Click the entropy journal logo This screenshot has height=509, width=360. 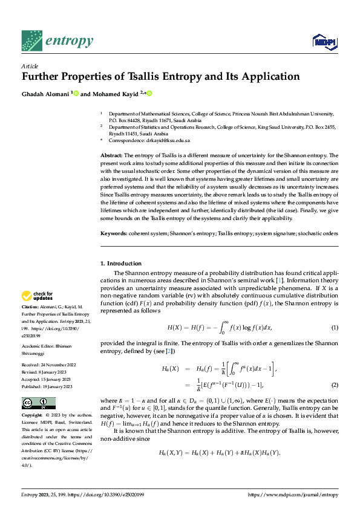pyautogui.click(x=57, y=42)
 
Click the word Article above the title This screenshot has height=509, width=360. pyautogui.click(x=30, y=66)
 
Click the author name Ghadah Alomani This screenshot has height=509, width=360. pyautogui.click(x=45, y=94)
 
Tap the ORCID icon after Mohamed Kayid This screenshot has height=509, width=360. pyautogui.click(x=149, y=94)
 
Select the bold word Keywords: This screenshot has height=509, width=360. pyautogui.click(x=114, y=233)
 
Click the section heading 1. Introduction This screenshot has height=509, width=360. pyautogui.click(x=121, y=264)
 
